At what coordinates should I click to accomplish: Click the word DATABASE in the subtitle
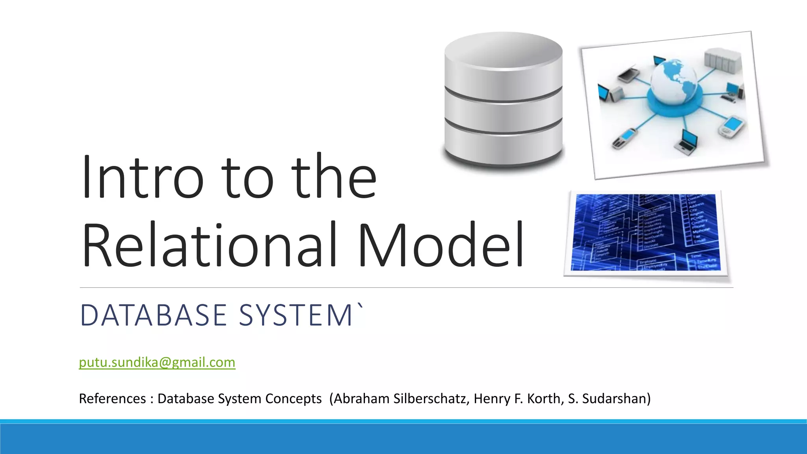point(153,315)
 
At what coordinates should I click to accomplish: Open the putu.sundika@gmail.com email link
point(157,362)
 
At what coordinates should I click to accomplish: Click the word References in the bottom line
point(112,399)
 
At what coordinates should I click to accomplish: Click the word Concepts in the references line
point(294,399)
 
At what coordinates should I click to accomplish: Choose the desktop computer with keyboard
point(733,93)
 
